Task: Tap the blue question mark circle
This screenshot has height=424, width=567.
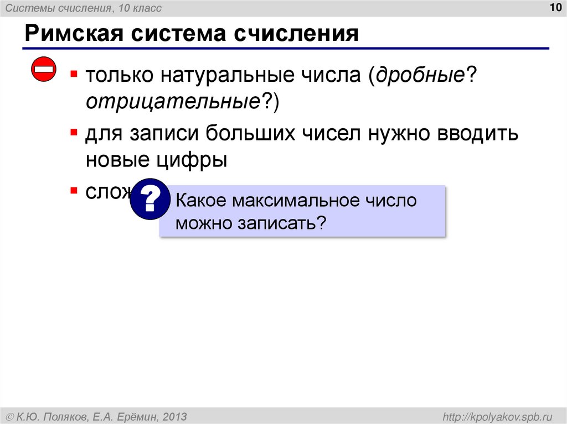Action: click(150, 199)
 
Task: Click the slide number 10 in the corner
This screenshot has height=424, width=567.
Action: click(553, 8)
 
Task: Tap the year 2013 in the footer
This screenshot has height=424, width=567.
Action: click(175, 416)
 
